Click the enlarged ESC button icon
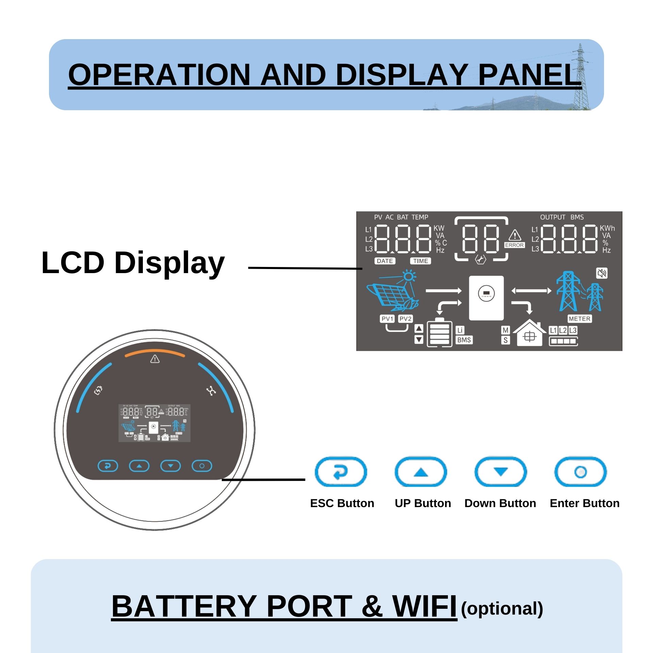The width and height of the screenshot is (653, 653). point(340,472)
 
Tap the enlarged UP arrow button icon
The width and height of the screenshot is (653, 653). point(421,472)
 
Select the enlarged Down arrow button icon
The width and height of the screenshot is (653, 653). point(501,472)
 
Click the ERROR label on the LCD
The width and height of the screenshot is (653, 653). point(514,245)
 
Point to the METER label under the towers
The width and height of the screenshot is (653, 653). point(580,319)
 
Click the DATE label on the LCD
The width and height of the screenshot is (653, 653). point(385,261)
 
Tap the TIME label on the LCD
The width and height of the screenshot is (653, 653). point(421,261)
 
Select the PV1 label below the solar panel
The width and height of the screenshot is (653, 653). point(387,319)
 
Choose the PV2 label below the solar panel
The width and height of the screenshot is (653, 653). point(405,319)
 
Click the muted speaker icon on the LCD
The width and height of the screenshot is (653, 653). point(602,273)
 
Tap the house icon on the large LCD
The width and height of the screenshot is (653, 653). point(529,334)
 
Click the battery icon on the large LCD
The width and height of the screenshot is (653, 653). point(439,333)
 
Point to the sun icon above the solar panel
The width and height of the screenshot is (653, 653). point(409,276)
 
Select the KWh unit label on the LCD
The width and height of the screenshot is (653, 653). point(607,228)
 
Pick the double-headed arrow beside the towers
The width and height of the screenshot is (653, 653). point(531,291)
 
